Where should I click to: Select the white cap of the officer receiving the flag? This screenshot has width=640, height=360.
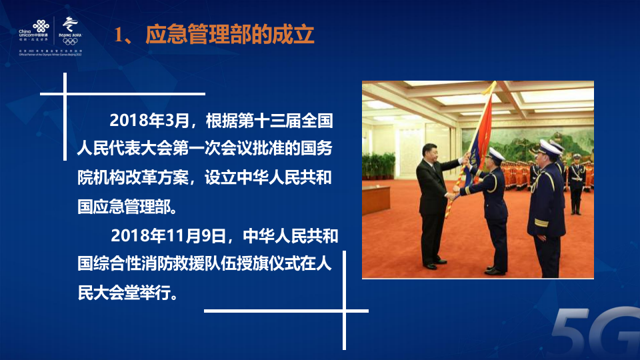point(495,154)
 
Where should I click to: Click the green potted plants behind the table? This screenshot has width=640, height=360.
point(379,164)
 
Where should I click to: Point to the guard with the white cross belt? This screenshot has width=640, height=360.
point(576,177)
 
